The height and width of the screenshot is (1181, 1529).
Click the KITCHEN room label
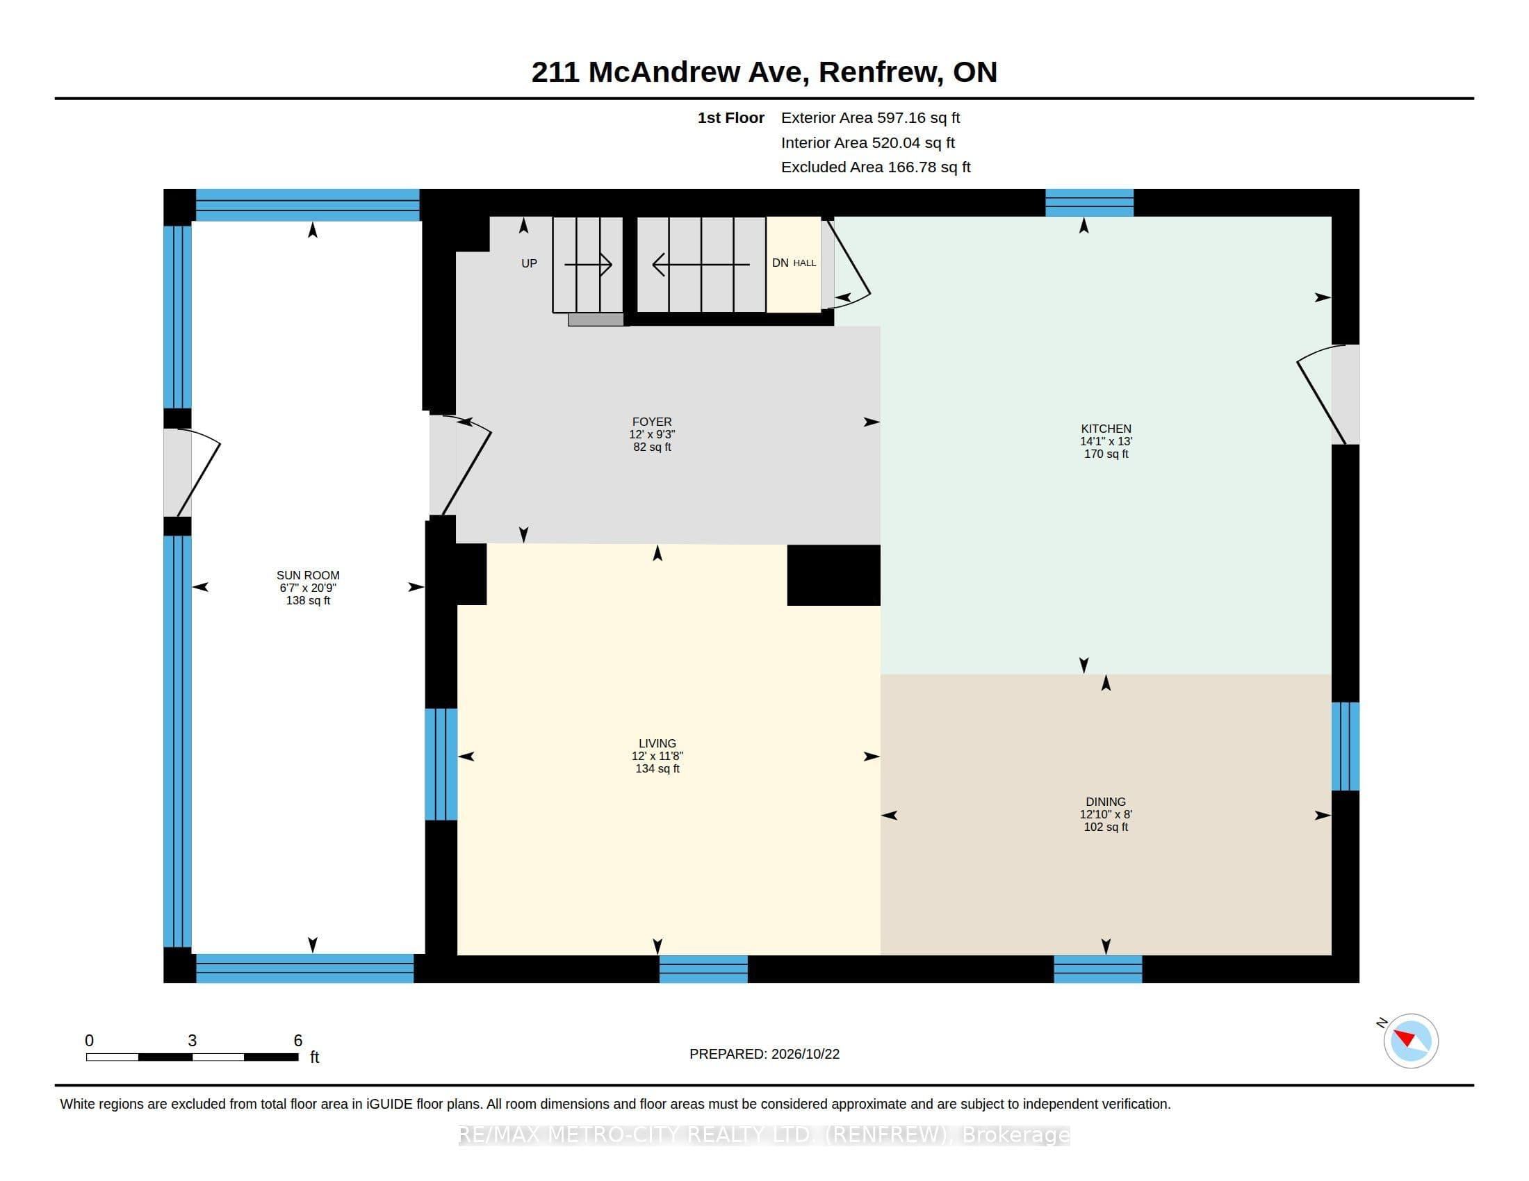pos(1106,428)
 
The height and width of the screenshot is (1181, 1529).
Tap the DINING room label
pos(1106,802)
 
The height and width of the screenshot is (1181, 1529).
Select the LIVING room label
pos(657,743)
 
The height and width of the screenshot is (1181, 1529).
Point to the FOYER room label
pos(652,422)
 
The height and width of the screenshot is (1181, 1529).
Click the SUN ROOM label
pos(308,575)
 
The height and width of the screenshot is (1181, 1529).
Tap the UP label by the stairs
pos(530,263)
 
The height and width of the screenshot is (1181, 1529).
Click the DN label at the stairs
pos(780,263)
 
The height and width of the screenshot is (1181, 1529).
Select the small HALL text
pos(804,263)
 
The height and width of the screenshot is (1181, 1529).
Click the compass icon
pos(1410,1041)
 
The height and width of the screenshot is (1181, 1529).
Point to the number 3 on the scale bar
pos(192,1041)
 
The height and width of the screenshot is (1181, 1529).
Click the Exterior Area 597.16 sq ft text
pos(870,117)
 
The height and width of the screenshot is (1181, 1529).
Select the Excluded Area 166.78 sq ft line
pos(876,167)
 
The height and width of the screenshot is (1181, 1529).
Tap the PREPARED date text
pos(764,1054)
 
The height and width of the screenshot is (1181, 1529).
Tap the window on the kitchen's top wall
pos(1089,203)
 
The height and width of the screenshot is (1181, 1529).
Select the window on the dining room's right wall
pos(1345,747)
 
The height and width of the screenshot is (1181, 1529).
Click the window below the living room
pos(703,969)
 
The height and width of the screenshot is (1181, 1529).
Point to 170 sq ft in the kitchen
pos(1106,454)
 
